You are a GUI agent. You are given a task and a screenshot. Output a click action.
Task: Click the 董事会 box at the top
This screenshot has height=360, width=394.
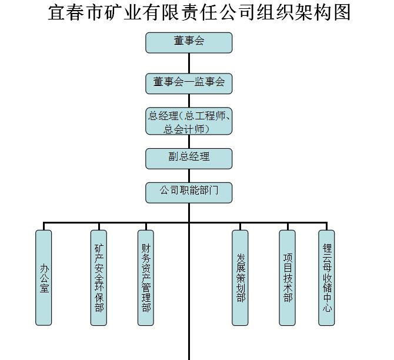click(189, 42)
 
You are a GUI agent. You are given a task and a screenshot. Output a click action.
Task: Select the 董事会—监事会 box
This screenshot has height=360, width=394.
click(189, 83)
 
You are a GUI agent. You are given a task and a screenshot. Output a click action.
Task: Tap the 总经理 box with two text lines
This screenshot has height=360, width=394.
click(189, 121)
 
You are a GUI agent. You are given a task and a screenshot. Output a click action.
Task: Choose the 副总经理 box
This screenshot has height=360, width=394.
click(189, 158)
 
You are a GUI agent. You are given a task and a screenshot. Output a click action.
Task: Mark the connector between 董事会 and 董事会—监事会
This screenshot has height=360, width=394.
click(189, 63)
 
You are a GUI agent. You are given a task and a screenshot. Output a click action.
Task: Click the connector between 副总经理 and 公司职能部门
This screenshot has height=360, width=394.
click(189, 175)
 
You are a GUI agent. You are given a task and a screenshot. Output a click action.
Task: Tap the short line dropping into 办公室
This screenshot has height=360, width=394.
click(44, 226)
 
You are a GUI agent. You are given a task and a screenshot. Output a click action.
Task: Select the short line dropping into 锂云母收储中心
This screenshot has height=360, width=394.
click(326, 226)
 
